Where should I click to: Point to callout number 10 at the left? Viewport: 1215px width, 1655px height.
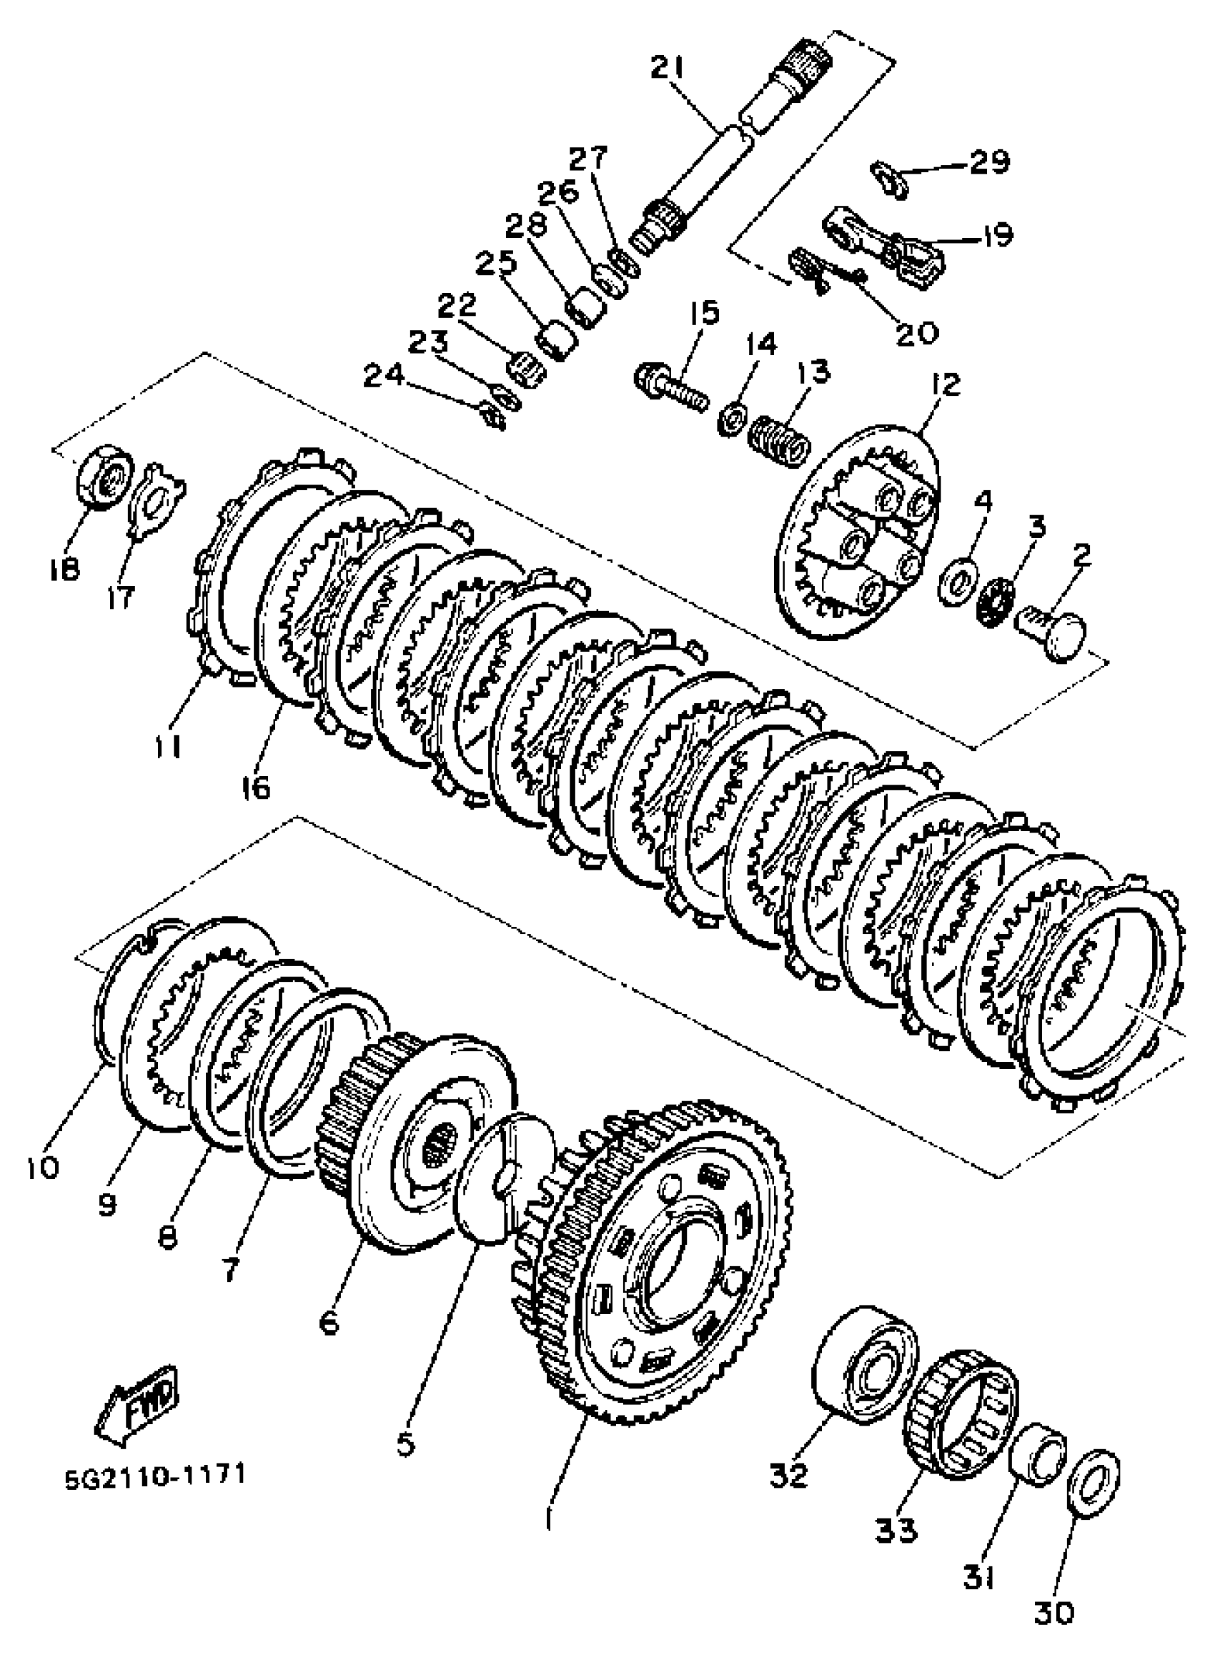pyautogui.click(x=42, y=1166)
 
